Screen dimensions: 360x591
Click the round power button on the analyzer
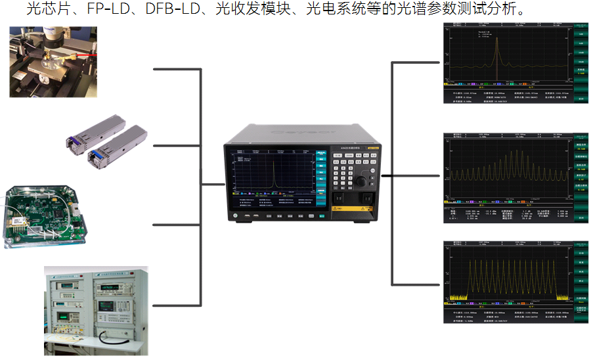pyautogui.click(x=234, y=216)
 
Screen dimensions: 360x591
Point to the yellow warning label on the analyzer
pyautogui.click(x=357, y=210)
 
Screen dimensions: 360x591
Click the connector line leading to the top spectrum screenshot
pyautogui.click(x=417, y=63)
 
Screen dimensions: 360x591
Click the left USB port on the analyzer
pyautogui.click(x=247, y=216)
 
